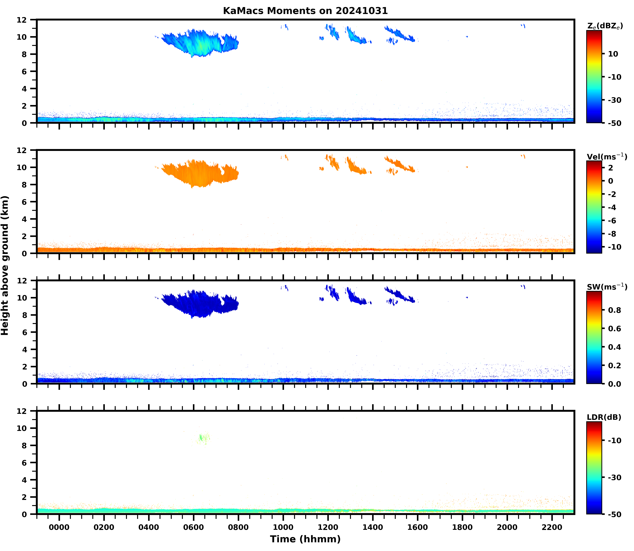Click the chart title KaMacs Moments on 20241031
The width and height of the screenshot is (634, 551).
coord(305,11)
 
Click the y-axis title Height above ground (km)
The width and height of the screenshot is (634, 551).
coord(5,265)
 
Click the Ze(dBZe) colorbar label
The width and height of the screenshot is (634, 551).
coord(605,26)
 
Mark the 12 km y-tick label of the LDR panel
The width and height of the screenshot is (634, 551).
coord(22,411)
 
